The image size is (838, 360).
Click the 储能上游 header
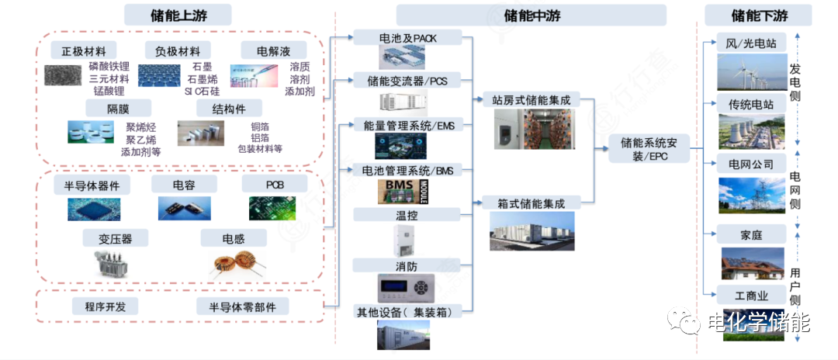click(179, 14)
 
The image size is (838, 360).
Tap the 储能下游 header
click(758, 14)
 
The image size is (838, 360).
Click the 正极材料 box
click(84, 51)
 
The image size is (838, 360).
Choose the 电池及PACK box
click(407, 37)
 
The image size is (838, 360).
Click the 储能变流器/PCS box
click(407, 80)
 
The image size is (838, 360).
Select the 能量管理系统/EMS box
click(407, 125)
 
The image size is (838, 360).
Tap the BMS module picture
click(407, 190)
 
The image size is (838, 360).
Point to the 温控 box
click(407, 213)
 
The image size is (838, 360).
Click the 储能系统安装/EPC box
click(649, 148)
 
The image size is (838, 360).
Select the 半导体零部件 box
click(241, 306)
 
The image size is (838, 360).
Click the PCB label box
click(275, 185)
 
